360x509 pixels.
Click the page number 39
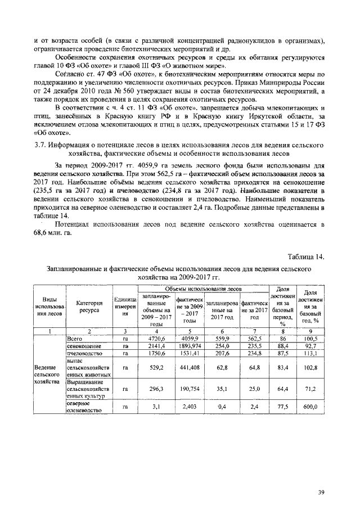tap(321, 492)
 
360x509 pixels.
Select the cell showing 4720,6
tap(156, 339)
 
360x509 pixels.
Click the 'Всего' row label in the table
tap(75, 339)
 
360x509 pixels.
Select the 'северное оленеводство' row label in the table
tap(84, 406)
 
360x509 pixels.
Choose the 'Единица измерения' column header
tap(125, 308)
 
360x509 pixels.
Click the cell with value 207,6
tap(220, 354)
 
